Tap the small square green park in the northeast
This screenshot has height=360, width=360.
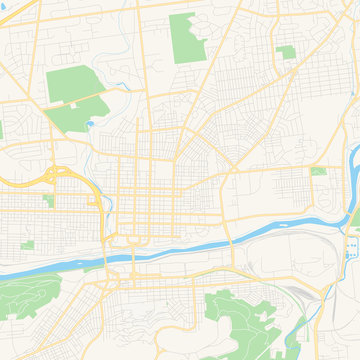[x=287, y=51]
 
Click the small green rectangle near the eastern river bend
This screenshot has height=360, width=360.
[x=318, y=171]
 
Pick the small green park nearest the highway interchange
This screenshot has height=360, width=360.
[x=48, y=200]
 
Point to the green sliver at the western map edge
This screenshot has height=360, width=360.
[x=2, y=130]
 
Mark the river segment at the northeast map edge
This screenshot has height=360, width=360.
[x=354, y=160]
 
